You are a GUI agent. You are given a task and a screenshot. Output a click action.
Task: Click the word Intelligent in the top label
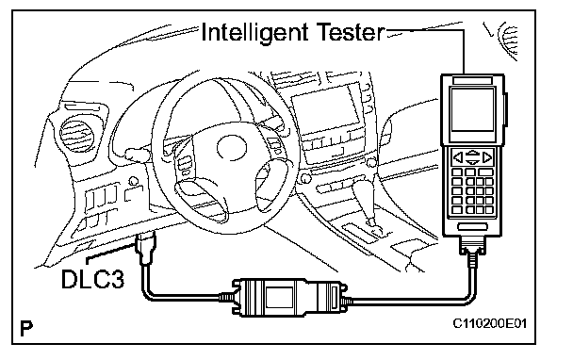coord(254,33)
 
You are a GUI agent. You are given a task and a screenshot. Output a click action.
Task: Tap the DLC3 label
coord(93,279)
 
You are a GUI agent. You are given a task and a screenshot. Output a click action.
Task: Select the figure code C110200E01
coord(490,323)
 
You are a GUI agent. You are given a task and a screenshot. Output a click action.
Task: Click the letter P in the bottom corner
coord(26,328)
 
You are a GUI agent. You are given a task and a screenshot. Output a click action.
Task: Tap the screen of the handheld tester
coord(473,109)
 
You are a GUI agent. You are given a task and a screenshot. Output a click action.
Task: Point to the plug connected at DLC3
coord(146,247)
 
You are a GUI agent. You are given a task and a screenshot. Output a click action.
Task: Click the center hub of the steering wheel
coord(231,147)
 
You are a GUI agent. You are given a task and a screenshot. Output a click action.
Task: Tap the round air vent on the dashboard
coord(77,135)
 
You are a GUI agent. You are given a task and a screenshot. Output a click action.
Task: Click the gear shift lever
coord(366,205)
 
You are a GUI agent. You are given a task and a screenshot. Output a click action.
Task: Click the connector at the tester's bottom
coord(473,246)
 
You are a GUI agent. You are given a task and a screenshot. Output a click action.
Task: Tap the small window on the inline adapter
coord(280,297)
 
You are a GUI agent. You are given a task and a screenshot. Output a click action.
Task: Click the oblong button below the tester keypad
coord(473,227)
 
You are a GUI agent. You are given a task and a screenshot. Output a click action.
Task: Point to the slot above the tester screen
coord(472,80)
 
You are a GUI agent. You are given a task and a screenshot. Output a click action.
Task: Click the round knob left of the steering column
coord(134,181)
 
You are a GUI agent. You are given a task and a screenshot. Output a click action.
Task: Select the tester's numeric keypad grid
coord(473,190)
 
